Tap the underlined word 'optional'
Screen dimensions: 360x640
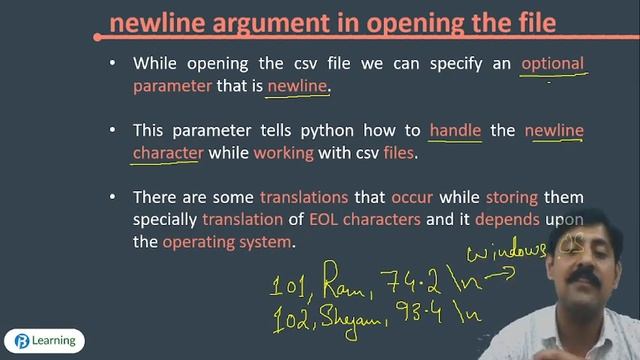coord(552,63)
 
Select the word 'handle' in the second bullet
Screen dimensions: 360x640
coord(455,130)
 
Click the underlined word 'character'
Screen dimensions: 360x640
coord(168,153)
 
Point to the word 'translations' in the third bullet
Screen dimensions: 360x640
coord(304,197)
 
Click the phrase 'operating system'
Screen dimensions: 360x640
coord(228,242)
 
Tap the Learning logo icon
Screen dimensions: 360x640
coord(21,340)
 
